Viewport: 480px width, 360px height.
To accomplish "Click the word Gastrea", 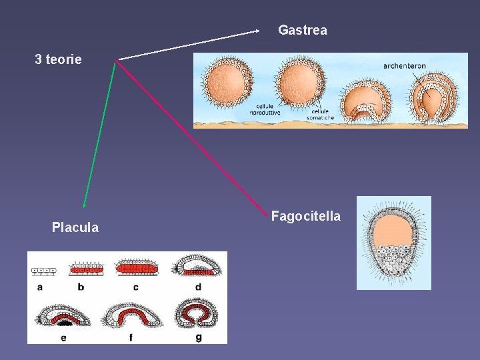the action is pos(302,30).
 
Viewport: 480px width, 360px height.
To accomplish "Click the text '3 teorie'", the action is pos(59,59).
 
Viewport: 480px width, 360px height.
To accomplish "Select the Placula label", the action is pos(75,228).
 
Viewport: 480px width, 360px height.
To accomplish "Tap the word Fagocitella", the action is pos(306,216).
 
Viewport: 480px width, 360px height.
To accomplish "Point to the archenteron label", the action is pos(405,66).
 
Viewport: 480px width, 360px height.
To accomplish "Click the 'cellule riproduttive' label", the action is pos(265,110).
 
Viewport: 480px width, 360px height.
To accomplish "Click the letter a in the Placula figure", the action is pos(40,287).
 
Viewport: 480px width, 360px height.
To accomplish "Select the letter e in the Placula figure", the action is pos(63,337).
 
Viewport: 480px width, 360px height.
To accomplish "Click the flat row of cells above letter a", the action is pos(43,271).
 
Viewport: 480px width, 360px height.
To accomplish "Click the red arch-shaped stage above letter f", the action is pos(132,316).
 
